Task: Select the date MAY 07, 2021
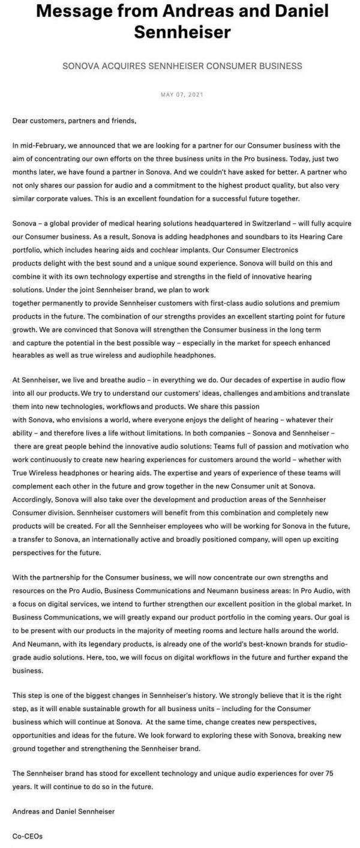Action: pos(179,95)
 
